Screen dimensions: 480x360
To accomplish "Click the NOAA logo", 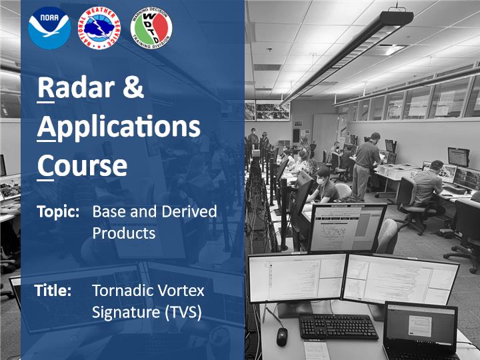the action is click(49, 28).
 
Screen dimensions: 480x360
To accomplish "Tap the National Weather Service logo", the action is click(99, 29).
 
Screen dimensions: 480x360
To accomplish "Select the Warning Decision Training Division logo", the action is click(151, 28).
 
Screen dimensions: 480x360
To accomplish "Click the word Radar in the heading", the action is click(76, 87).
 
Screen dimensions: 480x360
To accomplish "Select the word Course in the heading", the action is click(82, 165).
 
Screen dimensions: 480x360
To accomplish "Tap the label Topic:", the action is click(58, 212).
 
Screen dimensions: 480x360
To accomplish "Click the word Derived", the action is click(189, 211).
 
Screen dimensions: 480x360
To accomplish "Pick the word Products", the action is click(124, 233).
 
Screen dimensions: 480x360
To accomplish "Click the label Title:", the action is click(53, 291).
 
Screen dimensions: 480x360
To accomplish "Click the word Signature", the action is click(126, 313).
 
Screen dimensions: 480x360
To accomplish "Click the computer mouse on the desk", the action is click(282, 337).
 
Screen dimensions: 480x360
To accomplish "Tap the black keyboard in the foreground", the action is click(338, 326).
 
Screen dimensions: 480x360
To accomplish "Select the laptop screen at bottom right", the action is click(421, 326).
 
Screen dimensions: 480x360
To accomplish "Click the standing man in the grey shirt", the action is click(366, 166).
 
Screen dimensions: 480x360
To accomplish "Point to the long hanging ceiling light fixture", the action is click(347, 56).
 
